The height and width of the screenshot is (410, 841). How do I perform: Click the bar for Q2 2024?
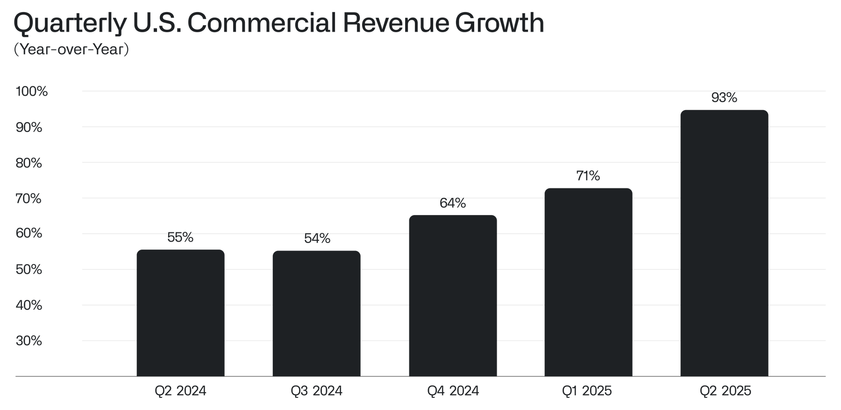(180, 313)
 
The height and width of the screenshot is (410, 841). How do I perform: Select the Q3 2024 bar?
(316, 313)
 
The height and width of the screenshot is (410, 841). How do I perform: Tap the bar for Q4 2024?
(452, 295)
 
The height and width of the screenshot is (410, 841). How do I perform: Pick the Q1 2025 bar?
(588, 282)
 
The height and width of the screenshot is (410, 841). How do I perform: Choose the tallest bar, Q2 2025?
(724, 243)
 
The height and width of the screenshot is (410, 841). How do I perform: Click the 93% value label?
(724, 98)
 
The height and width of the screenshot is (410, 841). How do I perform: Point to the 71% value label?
(588, 176)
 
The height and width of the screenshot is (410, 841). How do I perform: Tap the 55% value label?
(180, 238)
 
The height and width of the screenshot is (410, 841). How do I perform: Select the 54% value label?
(317, 239)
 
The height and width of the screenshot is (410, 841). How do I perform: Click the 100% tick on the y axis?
(32, 91)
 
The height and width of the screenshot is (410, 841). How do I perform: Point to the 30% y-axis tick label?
(29, 341)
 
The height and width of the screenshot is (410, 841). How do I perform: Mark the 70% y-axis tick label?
(29, 199)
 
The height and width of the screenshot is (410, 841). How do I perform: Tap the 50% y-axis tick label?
(29, 270)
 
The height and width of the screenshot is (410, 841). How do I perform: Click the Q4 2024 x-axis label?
(453, 390)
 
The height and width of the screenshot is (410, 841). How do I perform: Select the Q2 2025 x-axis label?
(725, 390)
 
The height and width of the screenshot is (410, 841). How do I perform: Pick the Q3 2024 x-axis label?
(316, 390)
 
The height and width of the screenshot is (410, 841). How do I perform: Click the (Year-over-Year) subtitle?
(71, 49)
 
